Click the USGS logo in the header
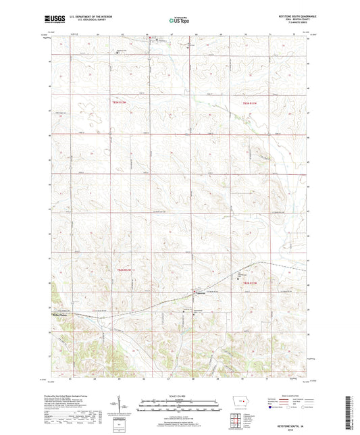click(x=53, y=20)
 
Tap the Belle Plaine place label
click(x=61, y=314)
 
